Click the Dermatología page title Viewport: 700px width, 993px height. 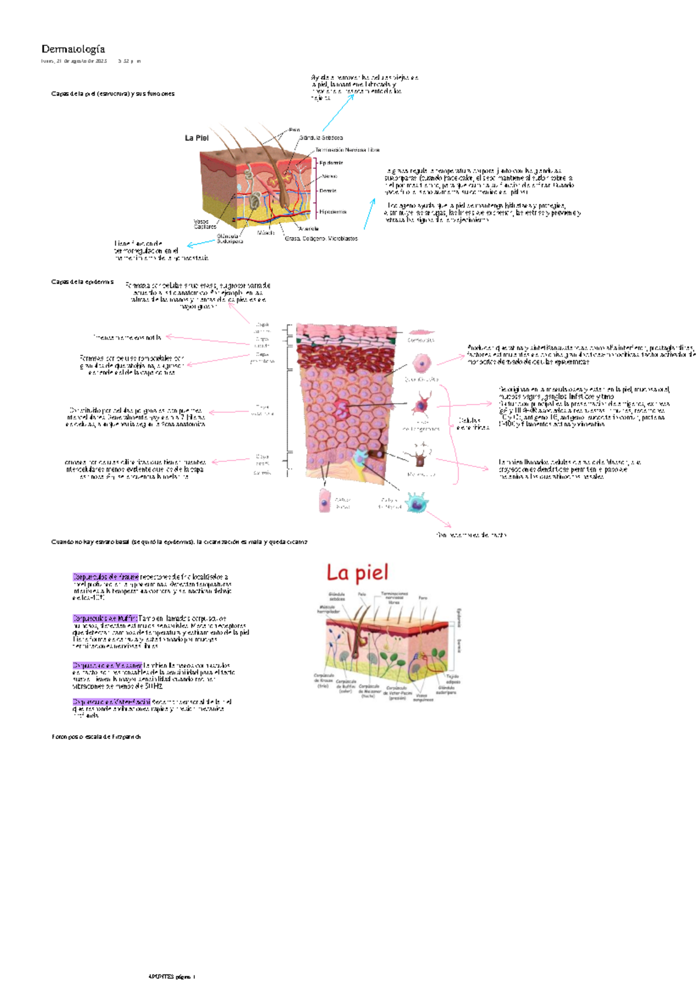[73, 49]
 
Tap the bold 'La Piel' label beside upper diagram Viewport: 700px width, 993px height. [197, 138]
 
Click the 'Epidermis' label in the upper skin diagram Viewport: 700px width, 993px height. [331, 163]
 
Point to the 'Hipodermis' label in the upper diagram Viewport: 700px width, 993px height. [332, 212]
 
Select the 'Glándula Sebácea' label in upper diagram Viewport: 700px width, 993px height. [321, 138]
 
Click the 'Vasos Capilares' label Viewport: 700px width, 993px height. [205, 224]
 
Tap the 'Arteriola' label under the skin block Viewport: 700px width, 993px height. [308, 229]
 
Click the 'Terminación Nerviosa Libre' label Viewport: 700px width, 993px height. [347, 150]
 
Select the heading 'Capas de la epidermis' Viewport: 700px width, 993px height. [82, 282]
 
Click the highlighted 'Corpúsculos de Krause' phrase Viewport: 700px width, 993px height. [106, 577]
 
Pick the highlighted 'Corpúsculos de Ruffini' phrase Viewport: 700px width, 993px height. [105, 618]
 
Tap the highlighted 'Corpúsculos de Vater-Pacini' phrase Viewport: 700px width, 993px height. [111, 702]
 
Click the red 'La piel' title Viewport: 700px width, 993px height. [357, 573]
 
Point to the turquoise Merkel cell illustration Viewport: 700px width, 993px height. [416, 502]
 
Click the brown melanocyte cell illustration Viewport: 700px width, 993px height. [420, 458]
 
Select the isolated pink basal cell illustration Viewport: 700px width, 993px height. [325, 501]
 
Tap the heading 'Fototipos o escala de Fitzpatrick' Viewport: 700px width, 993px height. [96, 737]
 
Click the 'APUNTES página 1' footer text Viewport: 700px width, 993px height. [172, 977]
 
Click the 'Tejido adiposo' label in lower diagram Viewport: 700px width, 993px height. [453, 679]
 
